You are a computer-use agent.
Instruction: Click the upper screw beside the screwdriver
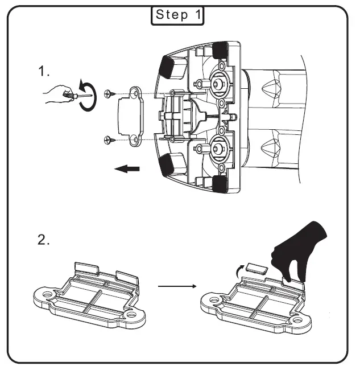[x=109, y=93]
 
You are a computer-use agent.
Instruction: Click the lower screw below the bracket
[x=109, y=139]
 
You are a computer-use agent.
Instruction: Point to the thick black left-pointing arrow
[x=126, y=168]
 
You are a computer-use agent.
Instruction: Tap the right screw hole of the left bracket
[x=131, y=314]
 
